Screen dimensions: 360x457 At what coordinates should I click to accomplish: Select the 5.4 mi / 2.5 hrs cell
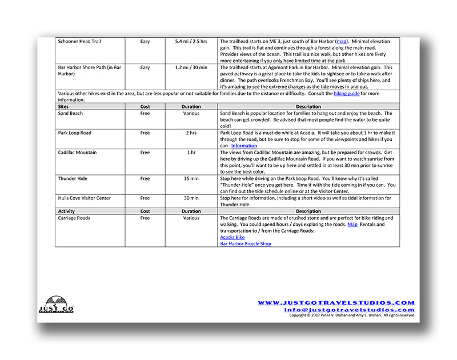click(191, 42)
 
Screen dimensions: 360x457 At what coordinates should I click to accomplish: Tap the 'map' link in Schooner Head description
click(341, 42)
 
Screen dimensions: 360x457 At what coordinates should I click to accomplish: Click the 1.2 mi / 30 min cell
click(191, 67)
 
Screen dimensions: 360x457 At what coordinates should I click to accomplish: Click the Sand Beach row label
click(70, 113)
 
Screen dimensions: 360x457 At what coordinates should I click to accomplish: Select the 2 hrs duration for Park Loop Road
click(191, 133)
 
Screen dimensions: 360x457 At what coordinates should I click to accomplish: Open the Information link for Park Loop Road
click(244, 146)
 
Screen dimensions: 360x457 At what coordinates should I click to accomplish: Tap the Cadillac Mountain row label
click(77, 153)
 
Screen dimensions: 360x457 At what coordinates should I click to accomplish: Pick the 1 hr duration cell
click(191, 153)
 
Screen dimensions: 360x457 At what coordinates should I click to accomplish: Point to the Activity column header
click(66, 211)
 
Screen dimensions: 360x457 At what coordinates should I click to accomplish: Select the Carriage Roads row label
click(74, 218)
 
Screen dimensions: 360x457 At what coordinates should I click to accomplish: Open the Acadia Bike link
click(232, 237)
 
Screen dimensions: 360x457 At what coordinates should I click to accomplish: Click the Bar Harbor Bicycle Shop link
click(246, 243)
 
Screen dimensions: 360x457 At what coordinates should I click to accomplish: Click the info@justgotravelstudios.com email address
click(350, 310)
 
